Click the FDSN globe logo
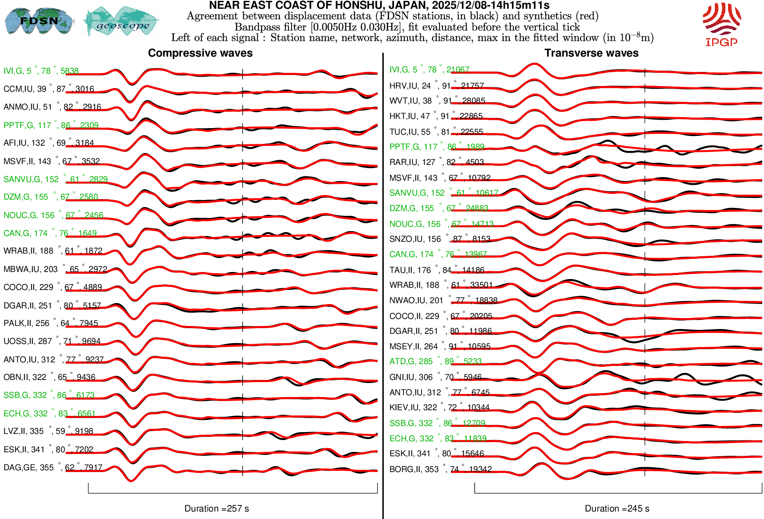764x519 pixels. tap(39, 21)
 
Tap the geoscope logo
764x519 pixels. tap(122, 22)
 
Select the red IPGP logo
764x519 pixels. tap(721, 25)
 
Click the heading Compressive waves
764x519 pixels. tap(200, 53)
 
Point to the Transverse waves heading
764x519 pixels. tap(591, 53)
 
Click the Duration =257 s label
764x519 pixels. tap(216, 508)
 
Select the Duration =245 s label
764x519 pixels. tap(617, 508)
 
